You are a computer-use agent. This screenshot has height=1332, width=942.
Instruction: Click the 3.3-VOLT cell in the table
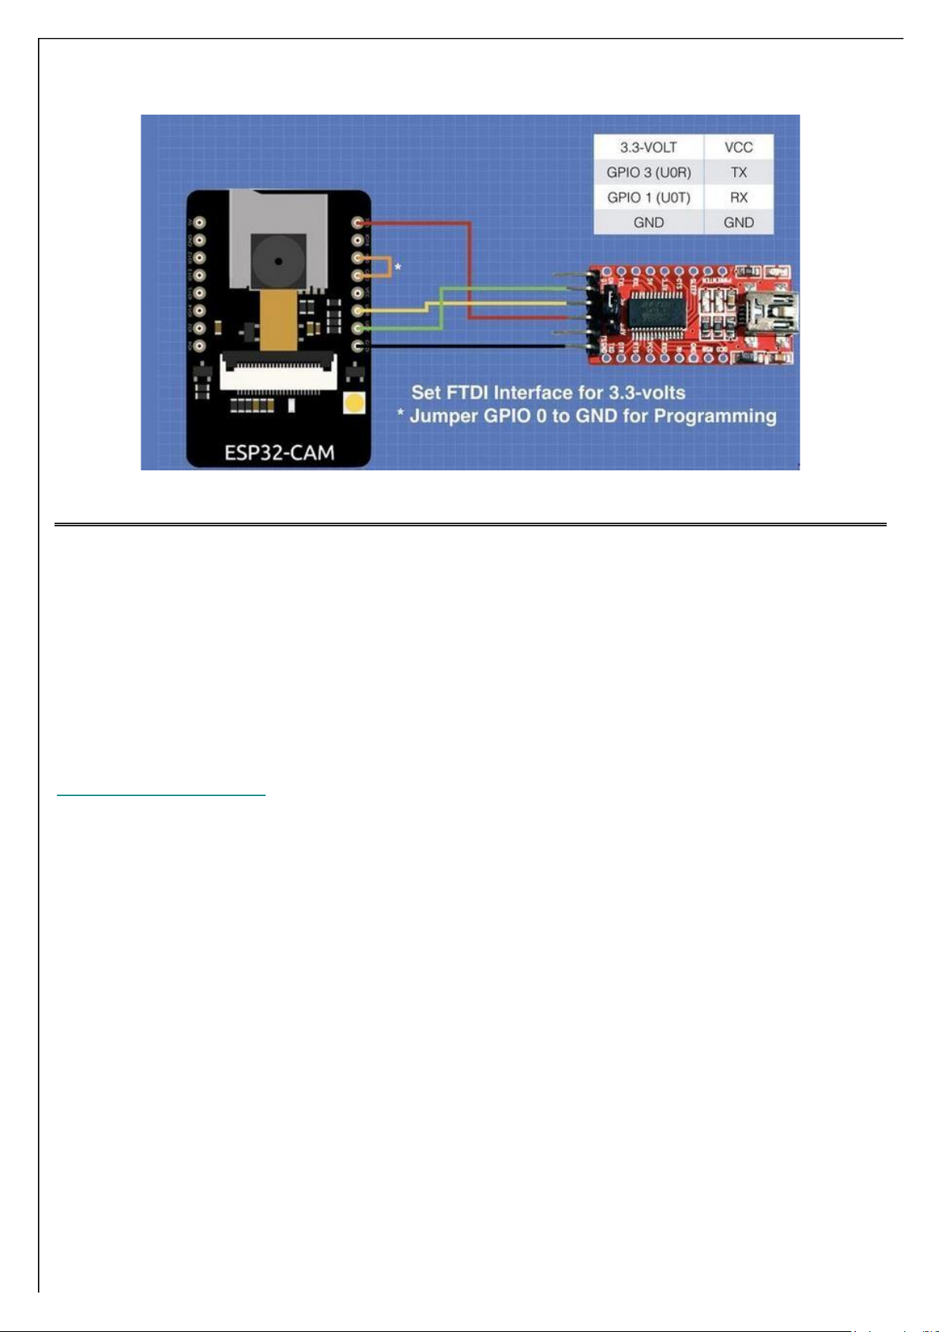point(648,147)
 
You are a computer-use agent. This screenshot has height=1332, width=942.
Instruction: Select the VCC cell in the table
point(738,147)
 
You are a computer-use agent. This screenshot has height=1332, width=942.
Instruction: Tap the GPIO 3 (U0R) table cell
point(648,172)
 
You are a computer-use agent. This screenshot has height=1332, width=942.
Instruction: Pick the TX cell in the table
point(738,172)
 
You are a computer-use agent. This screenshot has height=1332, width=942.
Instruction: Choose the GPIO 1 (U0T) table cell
point(648,198)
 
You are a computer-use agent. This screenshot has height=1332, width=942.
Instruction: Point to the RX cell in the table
point(738,198)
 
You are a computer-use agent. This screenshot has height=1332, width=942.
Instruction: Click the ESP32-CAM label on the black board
point(279,453)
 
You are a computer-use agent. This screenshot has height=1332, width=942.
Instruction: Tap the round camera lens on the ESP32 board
point(277,259)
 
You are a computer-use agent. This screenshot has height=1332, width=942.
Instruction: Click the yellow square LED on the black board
point(355,404)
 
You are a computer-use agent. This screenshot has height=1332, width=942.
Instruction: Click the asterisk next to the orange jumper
point(398,268)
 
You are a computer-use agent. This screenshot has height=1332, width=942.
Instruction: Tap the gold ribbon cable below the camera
point(279,320)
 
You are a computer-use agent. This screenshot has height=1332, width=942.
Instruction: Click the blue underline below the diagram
point(161,794)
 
